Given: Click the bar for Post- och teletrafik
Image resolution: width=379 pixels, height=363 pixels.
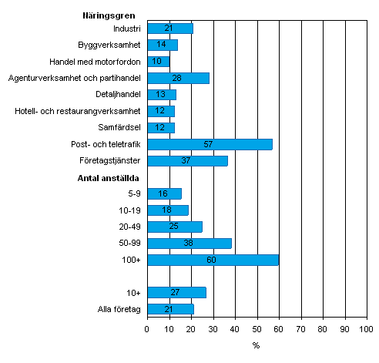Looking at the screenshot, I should coord(210,144).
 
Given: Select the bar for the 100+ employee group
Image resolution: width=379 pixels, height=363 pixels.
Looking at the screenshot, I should coord(213,260).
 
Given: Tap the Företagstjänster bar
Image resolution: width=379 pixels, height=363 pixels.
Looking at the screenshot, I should coord(187,161).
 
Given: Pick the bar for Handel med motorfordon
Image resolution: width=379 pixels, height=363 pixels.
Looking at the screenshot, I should coord(158,61).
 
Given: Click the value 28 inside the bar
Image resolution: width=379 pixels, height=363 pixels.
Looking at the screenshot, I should coord(177,78).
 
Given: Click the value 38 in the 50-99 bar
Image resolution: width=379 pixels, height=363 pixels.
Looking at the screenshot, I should coord(189,244).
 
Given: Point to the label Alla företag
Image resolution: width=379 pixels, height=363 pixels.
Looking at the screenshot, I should coord(119,309).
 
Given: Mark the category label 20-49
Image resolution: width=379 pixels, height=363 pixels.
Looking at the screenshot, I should coord(130,227).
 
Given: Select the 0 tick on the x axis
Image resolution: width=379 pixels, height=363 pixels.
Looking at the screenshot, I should coord(147,329).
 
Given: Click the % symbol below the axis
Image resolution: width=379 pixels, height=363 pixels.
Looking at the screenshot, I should coord(257,345).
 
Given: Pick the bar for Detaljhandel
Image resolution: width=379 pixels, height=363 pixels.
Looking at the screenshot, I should coord(161,95).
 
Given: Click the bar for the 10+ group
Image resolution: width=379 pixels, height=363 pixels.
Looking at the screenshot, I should coord(176,292).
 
